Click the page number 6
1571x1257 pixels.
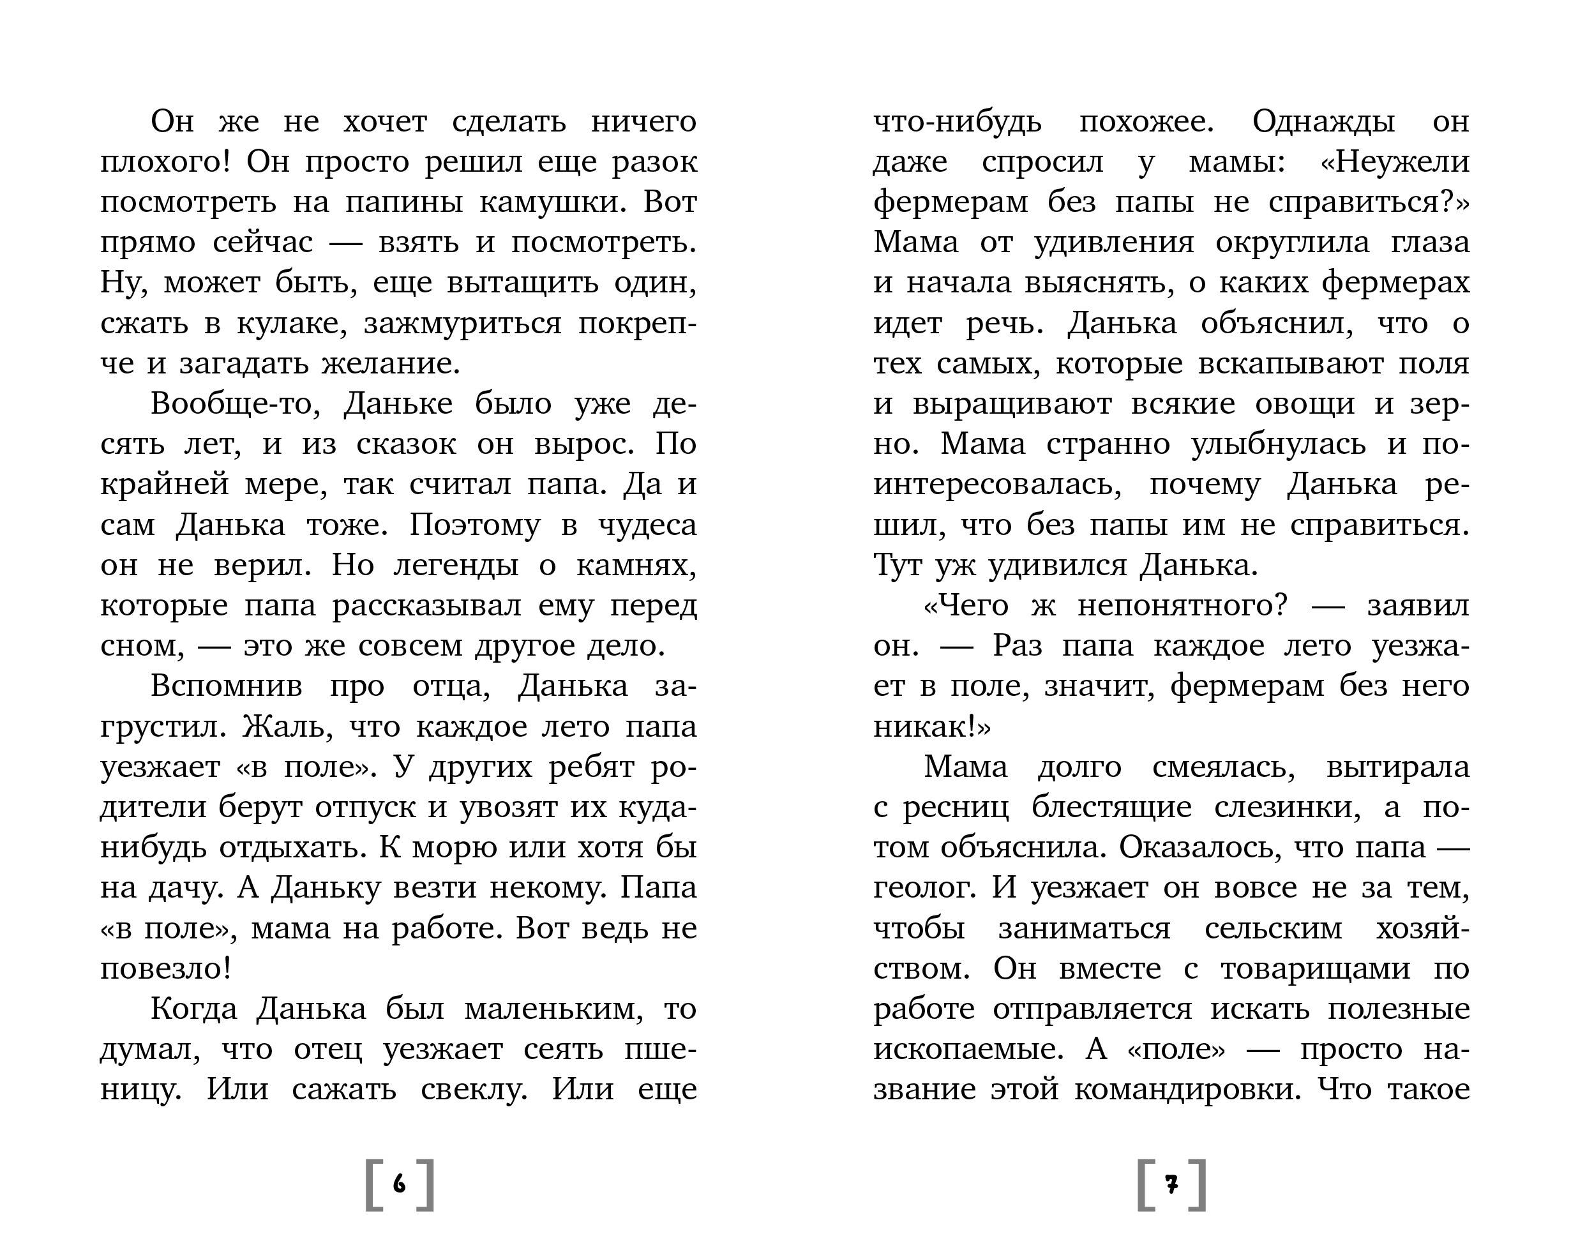[x=400, y=1184]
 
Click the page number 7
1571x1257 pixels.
[x=1171, y=1185]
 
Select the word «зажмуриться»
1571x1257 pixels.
[x=463, y=323]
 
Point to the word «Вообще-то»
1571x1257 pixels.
[x=236, y=403]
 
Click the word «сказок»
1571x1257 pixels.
[x=406, y=444]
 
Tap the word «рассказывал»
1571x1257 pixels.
[x=427, y=605]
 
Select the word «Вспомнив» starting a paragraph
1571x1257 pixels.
[x=226, y=686]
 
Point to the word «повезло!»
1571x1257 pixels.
[x=165, y=968]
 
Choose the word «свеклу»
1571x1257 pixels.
[x=474, y=1089]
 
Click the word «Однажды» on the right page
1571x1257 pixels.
[x=1323, y=121]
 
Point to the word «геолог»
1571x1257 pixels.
[x=923, y=887]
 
